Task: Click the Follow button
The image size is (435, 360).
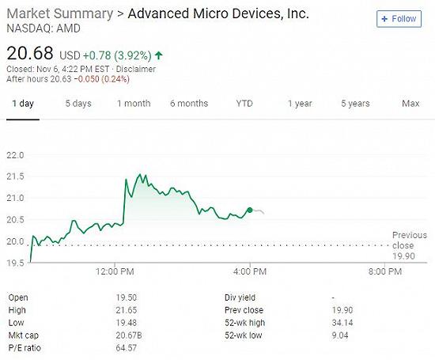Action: coord(399,19)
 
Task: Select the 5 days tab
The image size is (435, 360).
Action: coord(78,104)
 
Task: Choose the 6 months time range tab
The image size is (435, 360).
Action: coord(189,104)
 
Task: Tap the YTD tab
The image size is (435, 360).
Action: coord(244,104)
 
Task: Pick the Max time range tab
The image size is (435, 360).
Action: coord(410,104)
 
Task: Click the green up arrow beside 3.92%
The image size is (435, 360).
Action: coord(159,55)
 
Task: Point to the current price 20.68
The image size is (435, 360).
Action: coord(30,53)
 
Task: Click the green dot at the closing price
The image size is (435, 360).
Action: coord(250,210)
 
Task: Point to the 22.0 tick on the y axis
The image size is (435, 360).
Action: coord(15,155)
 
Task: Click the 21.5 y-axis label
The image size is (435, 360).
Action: coord(15,176)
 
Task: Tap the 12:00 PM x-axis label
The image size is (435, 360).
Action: coord(115,271)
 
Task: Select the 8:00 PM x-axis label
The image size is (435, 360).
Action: coord(385,271)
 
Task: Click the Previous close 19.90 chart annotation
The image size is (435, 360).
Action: coord(410,245)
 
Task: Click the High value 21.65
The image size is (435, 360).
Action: coord(127,310)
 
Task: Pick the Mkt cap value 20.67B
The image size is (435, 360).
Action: coord(129,335)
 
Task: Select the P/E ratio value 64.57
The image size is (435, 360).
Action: coord(127,348)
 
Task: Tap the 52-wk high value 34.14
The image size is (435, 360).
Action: coord(342,323)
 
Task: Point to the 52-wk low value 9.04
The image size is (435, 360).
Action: coord(340,335)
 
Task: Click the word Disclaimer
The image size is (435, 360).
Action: coord(136,69)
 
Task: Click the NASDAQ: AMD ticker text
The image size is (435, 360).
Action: coord(43,28)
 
